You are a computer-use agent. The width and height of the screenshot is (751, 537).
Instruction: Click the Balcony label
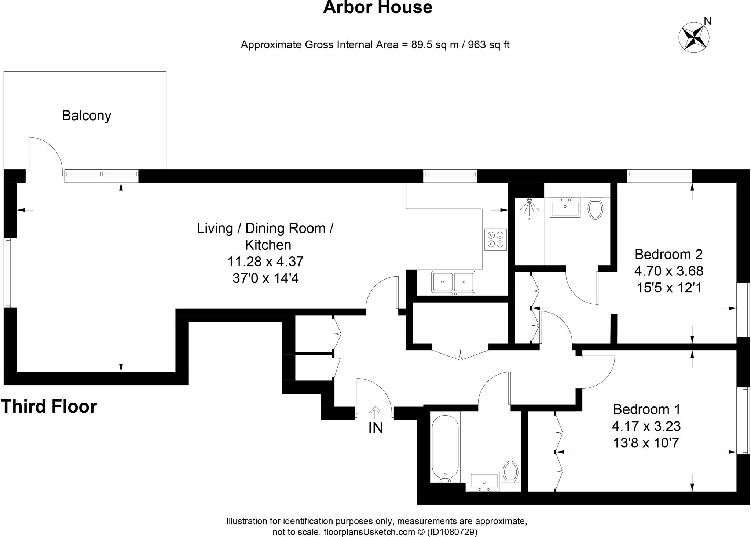87,116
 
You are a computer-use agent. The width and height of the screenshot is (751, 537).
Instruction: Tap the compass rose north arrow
694,37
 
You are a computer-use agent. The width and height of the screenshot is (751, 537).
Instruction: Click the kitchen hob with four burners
495,239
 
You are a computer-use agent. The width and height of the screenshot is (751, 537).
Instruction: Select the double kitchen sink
453,282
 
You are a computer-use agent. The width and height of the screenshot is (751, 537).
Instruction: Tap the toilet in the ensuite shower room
595,208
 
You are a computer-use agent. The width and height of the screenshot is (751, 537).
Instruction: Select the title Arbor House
377,7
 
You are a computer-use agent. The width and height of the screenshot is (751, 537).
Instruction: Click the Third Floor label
49,406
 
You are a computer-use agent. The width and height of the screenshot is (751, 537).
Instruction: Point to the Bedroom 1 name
646,409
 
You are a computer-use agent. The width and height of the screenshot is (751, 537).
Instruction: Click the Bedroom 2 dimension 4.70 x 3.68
668,271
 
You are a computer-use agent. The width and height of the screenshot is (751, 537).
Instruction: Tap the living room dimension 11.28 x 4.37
265,262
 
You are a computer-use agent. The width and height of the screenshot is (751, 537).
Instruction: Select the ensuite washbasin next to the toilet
565,207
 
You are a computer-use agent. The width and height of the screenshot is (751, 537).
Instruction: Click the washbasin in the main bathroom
484,481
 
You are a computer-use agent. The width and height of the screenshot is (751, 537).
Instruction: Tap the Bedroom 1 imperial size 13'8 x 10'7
646,443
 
